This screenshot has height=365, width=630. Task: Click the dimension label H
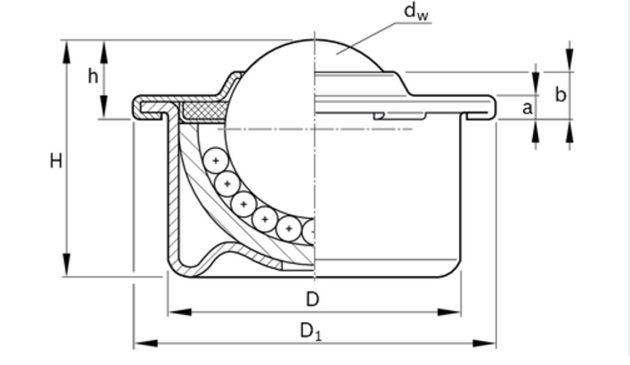coord(56,161)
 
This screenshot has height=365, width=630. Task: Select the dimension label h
coord(93,75)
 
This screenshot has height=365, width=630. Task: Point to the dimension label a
coord(527,108)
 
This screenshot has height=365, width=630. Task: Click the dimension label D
coord(313,299)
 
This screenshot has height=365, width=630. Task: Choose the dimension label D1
coord(311,332)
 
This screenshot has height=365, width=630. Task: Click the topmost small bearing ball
coord(216,161)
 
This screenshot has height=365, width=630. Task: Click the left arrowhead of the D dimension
coord(179,312)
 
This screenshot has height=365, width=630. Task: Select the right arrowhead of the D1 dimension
coord(484,343)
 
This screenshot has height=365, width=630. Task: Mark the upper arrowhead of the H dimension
coord(67,51)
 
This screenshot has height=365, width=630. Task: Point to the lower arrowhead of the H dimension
coord(67,265)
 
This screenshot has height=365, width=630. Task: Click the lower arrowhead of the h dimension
coord(104,107)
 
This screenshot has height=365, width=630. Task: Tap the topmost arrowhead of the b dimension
coord(570,60)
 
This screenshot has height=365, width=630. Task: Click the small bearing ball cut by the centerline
coord(308,231)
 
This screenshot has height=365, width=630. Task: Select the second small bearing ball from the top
coord(227,184)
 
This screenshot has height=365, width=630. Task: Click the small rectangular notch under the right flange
coord(399,116)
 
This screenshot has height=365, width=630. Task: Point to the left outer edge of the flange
coord(135,107)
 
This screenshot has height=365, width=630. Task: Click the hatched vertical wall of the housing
coord(172,189)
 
